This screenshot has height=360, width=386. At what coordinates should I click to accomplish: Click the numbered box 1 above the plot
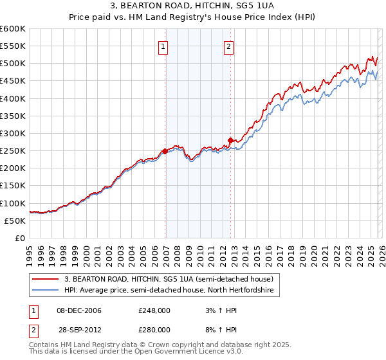(x=163, y=46)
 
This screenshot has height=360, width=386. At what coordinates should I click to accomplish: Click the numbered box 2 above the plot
(x=229, y=46)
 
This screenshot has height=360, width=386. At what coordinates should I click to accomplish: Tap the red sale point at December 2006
(x=165, y=151)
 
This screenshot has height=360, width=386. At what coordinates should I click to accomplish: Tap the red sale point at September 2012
(x=230, y=140)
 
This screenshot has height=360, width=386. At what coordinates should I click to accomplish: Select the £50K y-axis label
(x=15, y=221)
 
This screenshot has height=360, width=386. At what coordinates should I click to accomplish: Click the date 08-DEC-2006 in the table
(x=79, y=311)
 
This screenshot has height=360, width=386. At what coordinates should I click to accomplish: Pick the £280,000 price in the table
(x=155, y=329)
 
